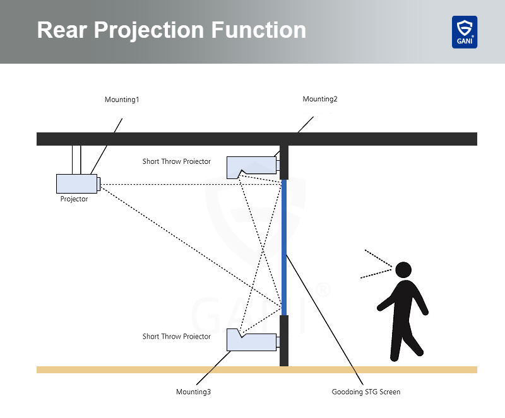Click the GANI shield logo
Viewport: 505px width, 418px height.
464,32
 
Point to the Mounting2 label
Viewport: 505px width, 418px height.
320,99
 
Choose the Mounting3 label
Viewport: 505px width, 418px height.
193,392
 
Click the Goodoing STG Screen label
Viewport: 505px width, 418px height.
366,392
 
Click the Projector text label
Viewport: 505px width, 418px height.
74,199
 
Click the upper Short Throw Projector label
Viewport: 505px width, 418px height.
177,161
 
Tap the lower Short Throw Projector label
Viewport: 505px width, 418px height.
177,337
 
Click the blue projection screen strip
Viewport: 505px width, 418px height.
284,246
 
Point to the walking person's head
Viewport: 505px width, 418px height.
403,270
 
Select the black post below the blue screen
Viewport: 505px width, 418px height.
284,340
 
